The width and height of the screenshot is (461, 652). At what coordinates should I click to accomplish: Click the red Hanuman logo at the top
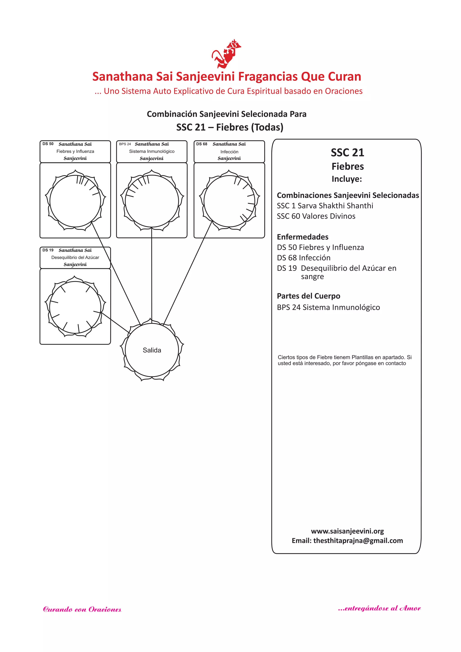pyautogui.click(x=226, y=54)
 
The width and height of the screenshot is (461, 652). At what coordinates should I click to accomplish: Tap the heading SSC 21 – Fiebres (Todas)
pyautogui.click(x=230, y=127)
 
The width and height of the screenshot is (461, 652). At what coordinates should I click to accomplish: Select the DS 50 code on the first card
pyautogui.click(x=48, y=144)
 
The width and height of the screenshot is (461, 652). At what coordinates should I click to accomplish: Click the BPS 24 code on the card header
pyautogui.click(x=125, y=144)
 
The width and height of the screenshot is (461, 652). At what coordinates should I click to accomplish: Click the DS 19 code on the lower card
pyautogui.click(x=48, y=250)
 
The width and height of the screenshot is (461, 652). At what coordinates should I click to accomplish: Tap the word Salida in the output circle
pyautogui.click(x=152, y=350)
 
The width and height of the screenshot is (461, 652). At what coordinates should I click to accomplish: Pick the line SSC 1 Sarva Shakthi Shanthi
pyautogui.click(x=325, y=206)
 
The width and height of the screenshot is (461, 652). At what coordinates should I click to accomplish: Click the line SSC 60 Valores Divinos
pyautogui.click(x=316, y=216)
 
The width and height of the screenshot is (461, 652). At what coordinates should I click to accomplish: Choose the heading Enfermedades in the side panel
pyautogui.click(x=303, y=237)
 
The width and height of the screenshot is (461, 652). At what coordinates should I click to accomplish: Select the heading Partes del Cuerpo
pyautogui.click(x=308, y=296)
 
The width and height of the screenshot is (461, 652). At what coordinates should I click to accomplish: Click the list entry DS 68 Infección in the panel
pyautogui.click(x=303, y=258)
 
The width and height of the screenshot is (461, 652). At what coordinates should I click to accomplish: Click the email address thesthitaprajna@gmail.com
pyautogui.click(x=358, y=541)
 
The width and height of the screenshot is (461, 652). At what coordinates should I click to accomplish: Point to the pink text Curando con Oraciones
pyautogui.click(x=82, y=609)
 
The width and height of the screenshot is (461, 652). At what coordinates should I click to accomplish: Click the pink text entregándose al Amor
pyautogui.click(x=379, y=608)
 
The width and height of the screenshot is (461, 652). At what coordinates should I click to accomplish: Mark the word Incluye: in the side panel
pyautogui.click(x=347, y=179)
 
